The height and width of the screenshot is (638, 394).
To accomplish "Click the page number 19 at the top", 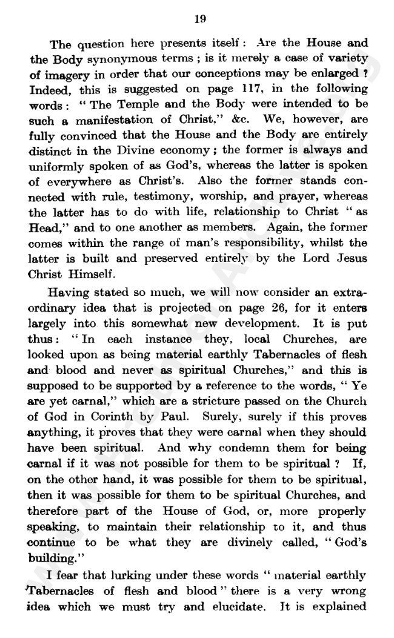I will pos(201,19).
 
